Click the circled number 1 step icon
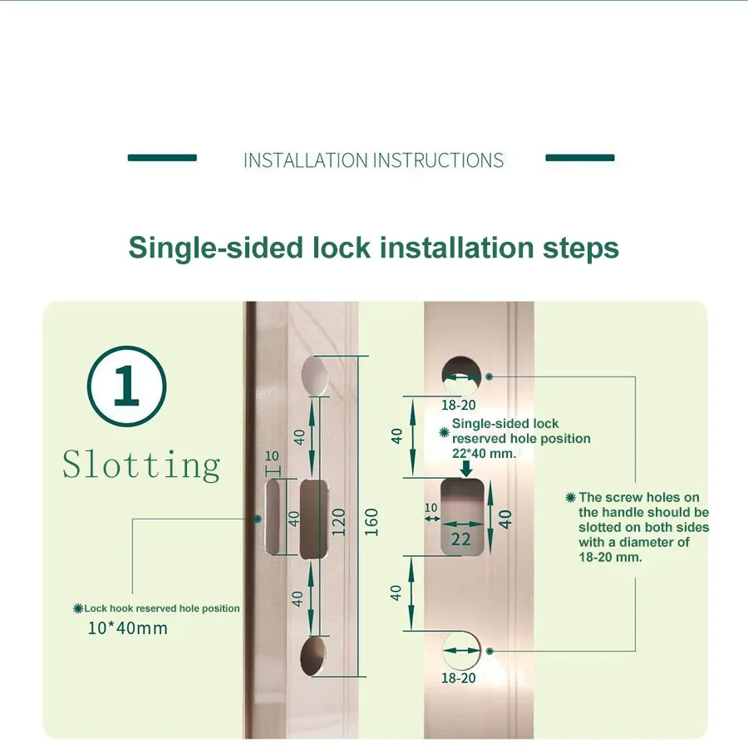pos(126,386)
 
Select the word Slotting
pos(141,465)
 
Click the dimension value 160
pos(372,522)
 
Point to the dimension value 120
pos(338,522)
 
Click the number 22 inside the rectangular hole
pos(460,539)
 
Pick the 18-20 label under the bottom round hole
pos(458,678)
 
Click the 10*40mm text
pos(127,628)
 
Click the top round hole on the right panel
pos(461,372)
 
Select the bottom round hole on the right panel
pos(461,649)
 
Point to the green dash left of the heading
pos(162,157)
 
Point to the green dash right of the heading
pos(580,157)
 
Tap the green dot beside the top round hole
pos(490,376)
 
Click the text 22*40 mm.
pos(485,454)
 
